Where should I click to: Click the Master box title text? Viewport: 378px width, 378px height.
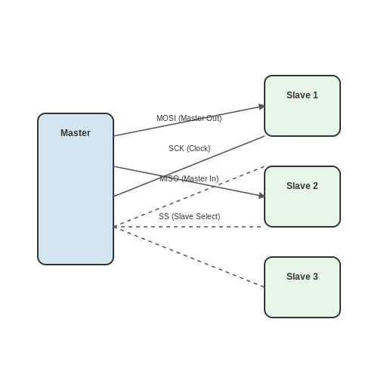tap(76, 133)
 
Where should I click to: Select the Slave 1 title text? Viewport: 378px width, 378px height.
tap(302, 95)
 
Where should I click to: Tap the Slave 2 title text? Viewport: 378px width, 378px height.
tap(302, 186)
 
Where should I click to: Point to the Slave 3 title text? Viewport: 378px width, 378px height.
tap(302, 277)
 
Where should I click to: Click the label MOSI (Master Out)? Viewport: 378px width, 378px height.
tap(189, 118)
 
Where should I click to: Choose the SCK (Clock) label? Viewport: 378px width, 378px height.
tap(189, 148)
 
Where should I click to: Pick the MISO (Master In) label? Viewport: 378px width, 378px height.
tap(189, 178)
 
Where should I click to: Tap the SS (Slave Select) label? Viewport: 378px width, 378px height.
tap(189, 216)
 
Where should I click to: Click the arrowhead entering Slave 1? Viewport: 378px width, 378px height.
tap(262, 107)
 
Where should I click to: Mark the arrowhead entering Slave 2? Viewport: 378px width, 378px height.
tap(262, 196)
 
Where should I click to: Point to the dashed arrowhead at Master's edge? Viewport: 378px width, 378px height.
tap(115, 227)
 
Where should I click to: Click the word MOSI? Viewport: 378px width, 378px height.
tap(166, 118)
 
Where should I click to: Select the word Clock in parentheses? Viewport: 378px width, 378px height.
tap(198, 148)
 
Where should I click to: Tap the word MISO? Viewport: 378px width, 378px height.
tap(169, 178)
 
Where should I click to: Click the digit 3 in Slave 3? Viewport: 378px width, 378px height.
tap(315, 277)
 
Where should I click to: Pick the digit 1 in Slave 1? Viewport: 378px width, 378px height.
tap(315, 95)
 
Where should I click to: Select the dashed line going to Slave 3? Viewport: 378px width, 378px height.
tap(189, 257)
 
